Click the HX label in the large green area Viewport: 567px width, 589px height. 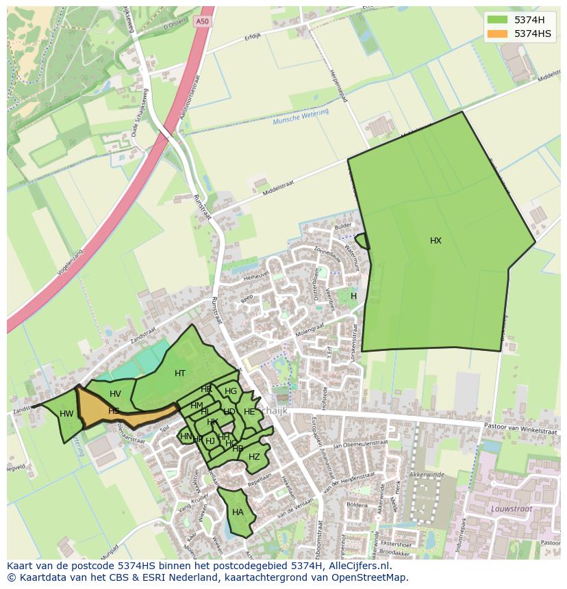click(436, 241)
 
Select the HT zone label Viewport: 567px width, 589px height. click(180, 374)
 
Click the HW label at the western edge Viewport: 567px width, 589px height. click(66, 414)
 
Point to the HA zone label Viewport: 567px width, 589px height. click(238, 512)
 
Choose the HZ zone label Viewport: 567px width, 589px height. click(254, 457)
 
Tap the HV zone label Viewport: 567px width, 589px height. click(115, 394)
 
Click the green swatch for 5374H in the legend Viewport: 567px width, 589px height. click(498, 19)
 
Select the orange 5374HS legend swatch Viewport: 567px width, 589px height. click(498, 33)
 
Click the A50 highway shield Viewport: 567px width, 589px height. click(201, 21)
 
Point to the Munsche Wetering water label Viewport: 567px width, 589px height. click(301, 117)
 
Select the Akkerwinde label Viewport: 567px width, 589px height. click(427, 473)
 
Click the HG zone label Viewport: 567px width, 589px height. click(231, 392)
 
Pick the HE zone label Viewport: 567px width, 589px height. click(249, 412)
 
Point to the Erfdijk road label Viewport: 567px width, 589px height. click(253, 37)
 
